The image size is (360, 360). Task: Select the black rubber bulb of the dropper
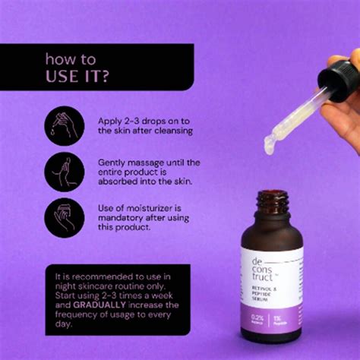[x=339, y=77]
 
